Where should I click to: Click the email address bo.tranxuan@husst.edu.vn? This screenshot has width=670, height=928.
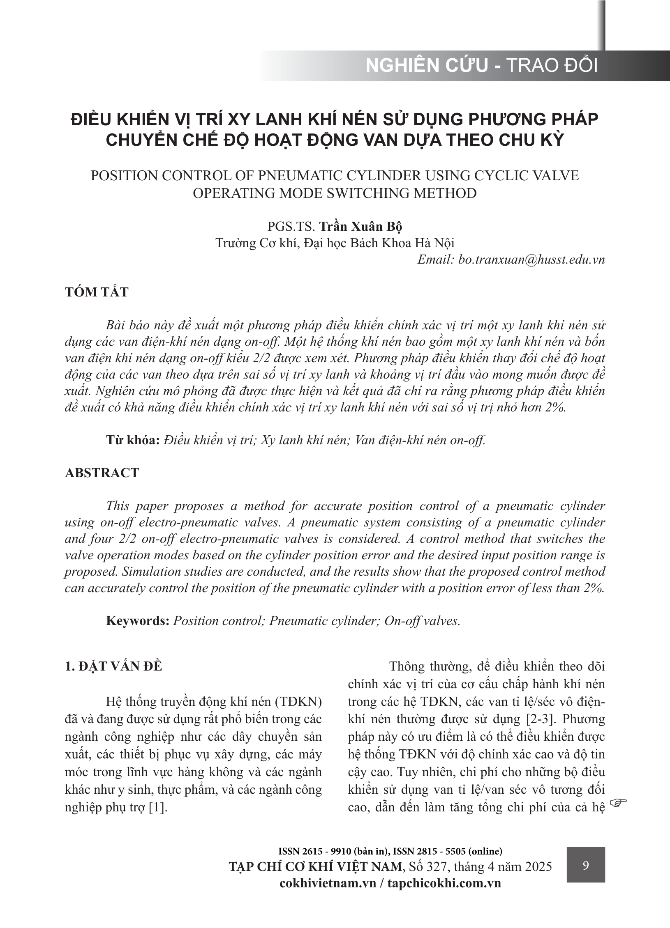[531, 260]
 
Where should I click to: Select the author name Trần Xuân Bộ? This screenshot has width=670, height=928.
[360, 226]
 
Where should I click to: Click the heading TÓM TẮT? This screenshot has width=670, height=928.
[97, 292]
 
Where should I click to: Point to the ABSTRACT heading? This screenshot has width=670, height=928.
[102, 473]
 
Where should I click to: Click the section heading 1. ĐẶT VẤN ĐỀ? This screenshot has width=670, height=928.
[113, 666]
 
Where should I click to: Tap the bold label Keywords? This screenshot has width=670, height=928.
[138, 620]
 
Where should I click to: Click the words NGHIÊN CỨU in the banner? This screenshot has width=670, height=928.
[427, 66]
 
